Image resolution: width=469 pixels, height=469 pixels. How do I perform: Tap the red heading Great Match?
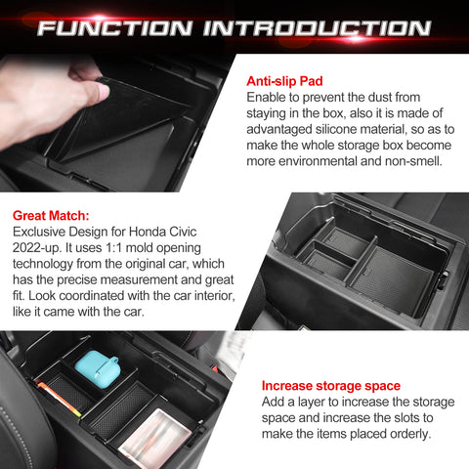pyautogui.click(x=51, y=214)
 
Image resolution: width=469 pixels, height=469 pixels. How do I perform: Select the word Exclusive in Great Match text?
pyautogui.click(x=41, y=231)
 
